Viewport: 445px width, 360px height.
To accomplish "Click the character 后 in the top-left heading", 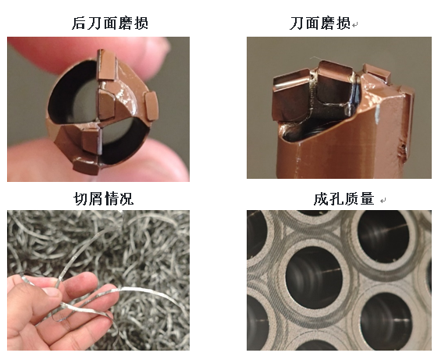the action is coord(78,23).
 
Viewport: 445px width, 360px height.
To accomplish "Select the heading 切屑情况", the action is coord(104,198).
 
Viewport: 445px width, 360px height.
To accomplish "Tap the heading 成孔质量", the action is coord(344,198).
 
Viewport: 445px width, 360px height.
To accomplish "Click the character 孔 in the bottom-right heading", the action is coord(336,198).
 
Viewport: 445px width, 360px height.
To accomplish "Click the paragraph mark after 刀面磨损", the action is coord(355,25).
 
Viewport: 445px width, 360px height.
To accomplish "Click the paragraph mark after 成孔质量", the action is coord(383,201).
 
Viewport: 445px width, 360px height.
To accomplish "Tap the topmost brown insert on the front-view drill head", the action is coord(107,66).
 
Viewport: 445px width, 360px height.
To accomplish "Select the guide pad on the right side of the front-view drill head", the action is coord(151,106).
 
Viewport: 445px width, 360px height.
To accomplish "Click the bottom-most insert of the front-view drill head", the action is coord(86,167).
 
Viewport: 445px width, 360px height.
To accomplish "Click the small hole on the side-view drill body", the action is coord(402,147).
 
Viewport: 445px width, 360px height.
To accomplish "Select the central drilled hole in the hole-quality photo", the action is coord(314,276).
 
